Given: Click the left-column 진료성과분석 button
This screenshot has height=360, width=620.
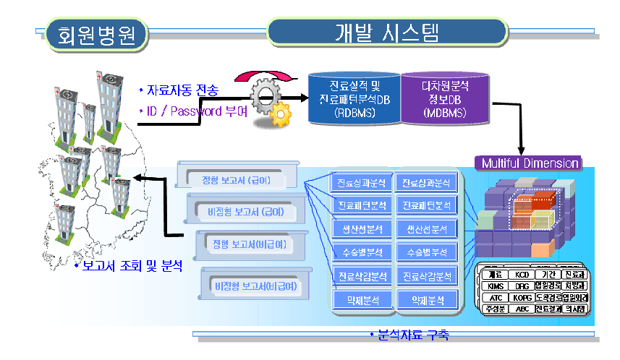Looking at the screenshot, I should (362, 182).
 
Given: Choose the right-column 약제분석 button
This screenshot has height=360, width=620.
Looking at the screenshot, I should (428, 299).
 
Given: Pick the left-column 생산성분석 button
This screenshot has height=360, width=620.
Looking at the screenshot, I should (362, 229).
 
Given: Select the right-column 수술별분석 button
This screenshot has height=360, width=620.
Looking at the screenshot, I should (428, 253).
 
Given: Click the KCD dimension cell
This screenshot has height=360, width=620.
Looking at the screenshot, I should (521, 275).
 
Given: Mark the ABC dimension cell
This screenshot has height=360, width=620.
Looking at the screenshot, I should (521, 309).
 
